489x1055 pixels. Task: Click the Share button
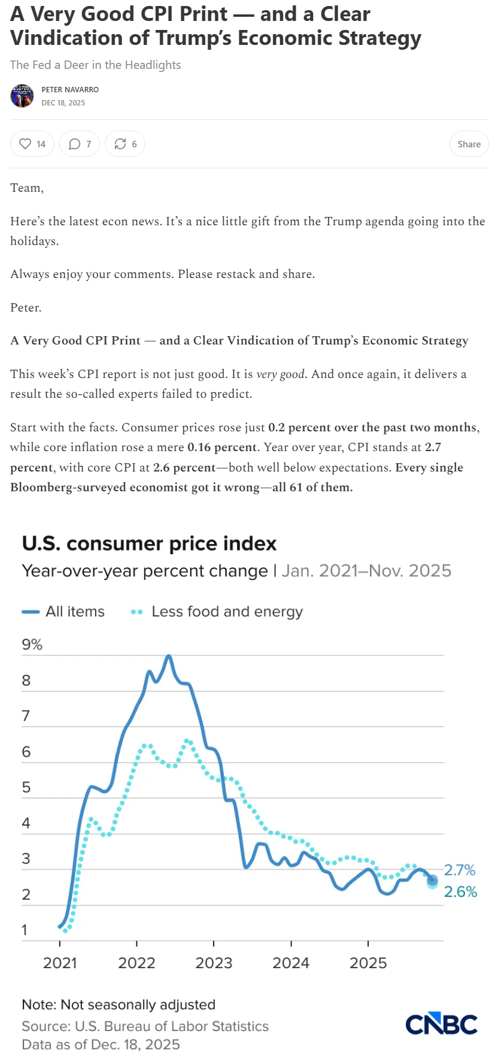(469, 144)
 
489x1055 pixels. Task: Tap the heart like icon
(25, 144)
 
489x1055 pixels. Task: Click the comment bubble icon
(74, 144)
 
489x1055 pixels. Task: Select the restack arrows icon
(120, 144)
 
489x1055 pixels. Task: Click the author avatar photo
(22, 96)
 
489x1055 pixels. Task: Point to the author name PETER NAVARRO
(70, 90)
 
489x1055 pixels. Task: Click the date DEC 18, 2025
(63, 103)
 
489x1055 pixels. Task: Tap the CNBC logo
(441, 1024)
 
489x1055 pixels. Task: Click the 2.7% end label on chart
(460, 870)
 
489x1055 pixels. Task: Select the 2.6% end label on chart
(460, 892)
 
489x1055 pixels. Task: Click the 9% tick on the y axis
(32, 645)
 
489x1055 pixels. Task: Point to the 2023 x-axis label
(214, 963)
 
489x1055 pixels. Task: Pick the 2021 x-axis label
(60, 963)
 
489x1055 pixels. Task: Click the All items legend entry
(63, 612)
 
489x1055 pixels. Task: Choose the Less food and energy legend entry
(217, 612)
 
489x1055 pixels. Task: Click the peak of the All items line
(169, 656)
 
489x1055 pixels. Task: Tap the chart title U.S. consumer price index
(149, 543)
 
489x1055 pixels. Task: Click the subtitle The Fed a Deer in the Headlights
(95, 65)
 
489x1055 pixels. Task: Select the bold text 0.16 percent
(222, 448)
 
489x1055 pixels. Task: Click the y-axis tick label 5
(26, 787)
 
